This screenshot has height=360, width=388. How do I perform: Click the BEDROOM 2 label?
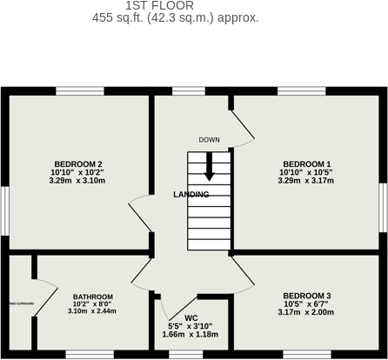click(x=78, y=164)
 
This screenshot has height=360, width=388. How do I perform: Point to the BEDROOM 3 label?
click(x=306, y=295)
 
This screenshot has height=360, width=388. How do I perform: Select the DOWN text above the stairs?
click(x=209, y=140)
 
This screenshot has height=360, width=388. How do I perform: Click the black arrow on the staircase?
click(x=209, y=168)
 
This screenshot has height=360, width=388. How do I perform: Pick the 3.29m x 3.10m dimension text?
click(x=78, y=181)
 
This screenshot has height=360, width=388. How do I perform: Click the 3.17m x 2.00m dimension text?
click(x=306, y=311)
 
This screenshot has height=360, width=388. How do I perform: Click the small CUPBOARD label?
click(x=22, y=303)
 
